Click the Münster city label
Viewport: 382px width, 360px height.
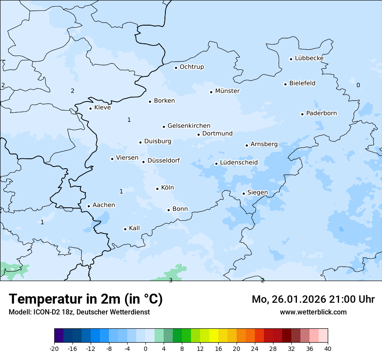coord(227,91)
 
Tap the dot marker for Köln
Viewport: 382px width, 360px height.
coord(157,189)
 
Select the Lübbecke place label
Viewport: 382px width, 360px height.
coord(309,58)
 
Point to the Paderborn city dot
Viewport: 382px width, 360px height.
coord(302,114)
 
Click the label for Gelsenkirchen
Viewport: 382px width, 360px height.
coord(189,126)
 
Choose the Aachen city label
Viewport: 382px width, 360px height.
coord(104,205)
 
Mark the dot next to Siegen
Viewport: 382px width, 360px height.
coord(244,193)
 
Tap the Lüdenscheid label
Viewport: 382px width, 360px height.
coord(239,163)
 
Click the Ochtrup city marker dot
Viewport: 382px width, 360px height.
coord(176,67)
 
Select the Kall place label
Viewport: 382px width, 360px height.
coord(135,228)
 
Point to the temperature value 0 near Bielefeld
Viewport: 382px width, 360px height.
coord(358,85)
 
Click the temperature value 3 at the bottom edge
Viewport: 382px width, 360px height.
coord(171,280)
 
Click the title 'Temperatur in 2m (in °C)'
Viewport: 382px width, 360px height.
coord(86,299)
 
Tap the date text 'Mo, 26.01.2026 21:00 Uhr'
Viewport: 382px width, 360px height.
coord(313,299)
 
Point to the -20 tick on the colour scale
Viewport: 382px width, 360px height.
coord(54,349)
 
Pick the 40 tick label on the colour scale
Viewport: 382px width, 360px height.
coord(328,349)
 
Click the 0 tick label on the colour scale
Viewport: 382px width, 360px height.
coord(145,349)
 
